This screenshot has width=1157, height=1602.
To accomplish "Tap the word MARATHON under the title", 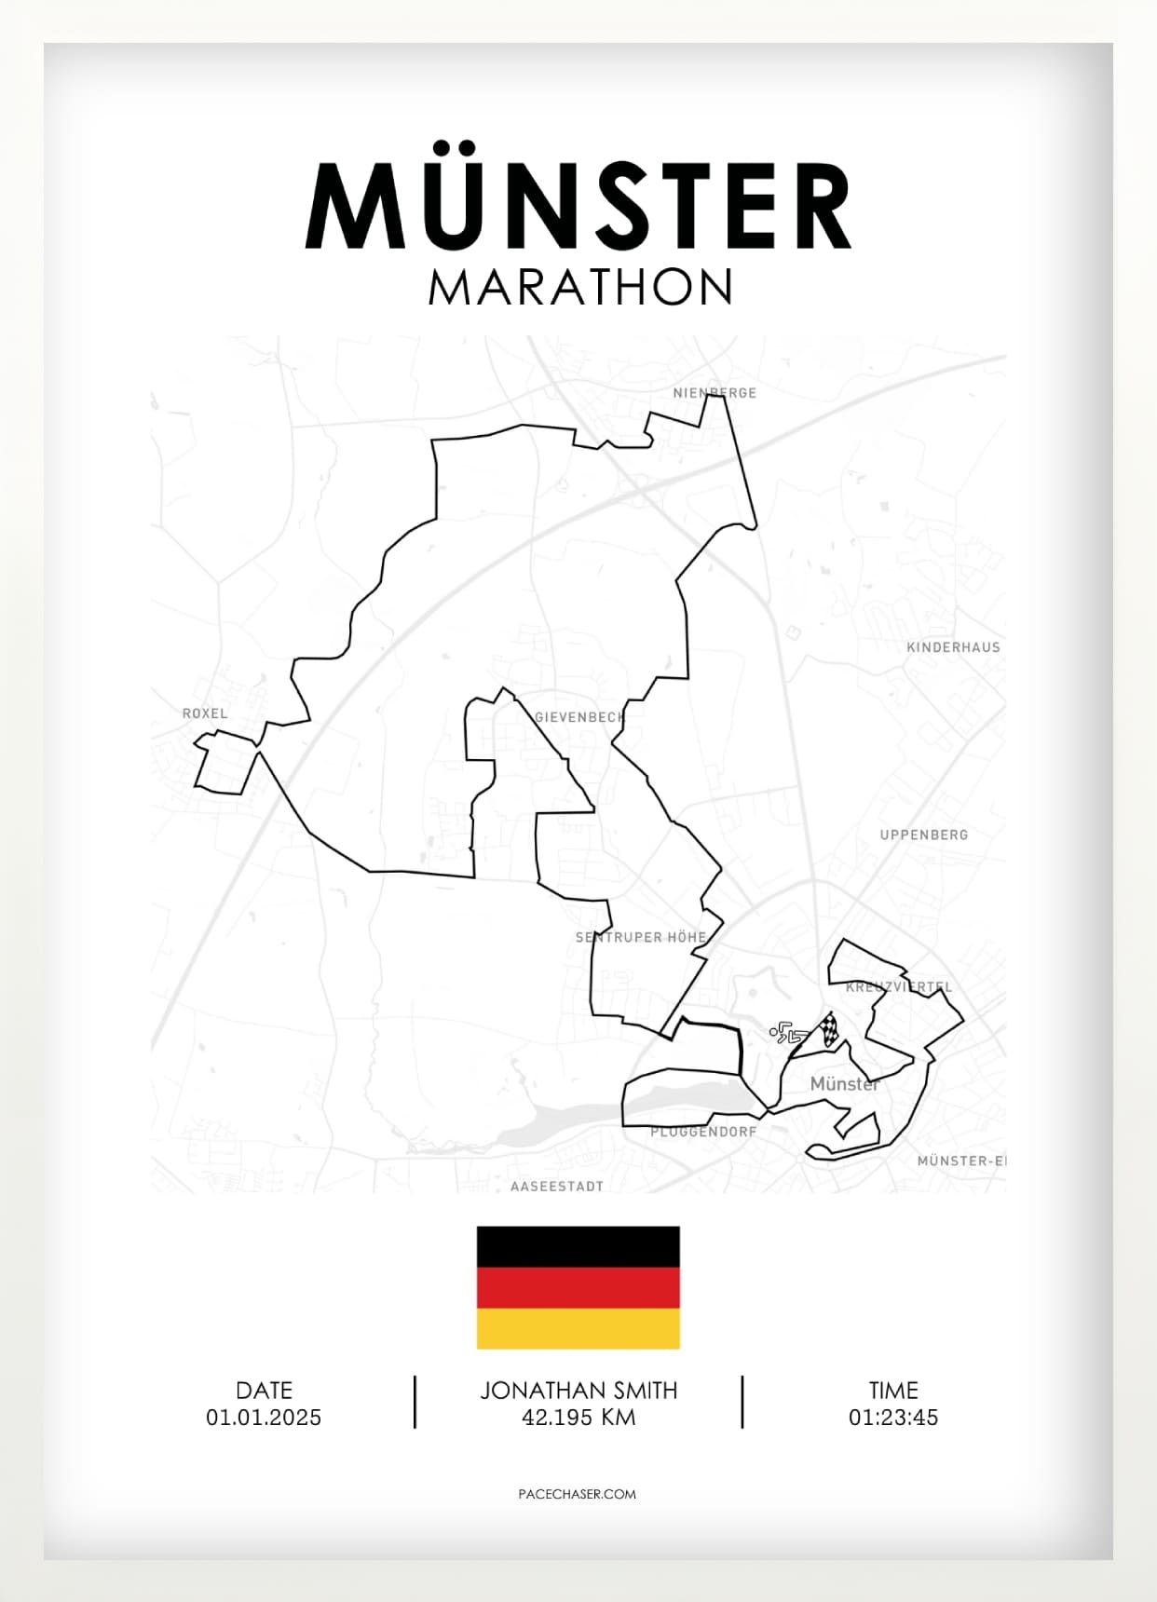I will pos(579,288).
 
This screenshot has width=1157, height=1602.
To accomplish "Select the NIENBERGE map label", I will pos(715,393).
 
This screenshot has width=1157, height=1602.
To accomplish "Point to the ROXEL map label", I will pos(205,713).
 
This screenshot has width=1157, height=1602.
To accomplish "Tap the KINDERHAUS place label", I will pos(953,647).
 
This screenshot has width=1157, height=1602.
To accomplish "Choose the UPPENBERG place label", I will pos(924,835).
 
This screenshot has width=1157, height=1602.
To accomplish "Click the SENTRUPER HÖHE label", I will pos(641,937).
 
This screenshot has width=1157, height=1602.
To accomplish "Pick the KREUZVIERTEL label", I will pos(899,986).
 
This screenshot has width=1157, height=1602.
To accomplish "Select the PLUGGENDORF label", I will pos(703,1132).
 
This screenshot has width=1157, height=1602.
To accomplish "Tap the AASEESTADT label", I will pos(557,1187).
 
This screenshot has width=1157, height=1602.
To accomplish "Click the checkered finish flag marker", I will pos(828,1030).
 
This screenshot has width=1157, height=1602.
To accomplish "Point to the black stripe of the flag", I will pos(578,1247).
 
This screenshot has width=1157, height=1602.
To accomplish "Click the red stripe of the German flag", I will pos(578,1288).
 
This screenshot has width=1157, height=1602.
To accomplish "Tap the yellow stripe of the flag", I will pos(578,1328).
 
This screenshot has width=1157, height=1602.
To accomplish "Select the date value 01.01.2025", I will pos(264,1418).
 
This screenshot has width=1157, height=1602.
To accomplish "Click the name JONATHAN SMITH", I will pos(578,1391).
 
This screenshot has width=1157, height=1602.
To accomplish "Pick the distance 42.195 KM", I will pos(578,1418).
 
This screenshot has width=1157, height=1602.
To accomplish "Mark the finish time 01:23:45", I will pos(893,1418).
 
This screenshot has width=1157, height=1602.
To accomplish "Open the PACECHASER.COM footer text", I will pos(578,1494).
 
